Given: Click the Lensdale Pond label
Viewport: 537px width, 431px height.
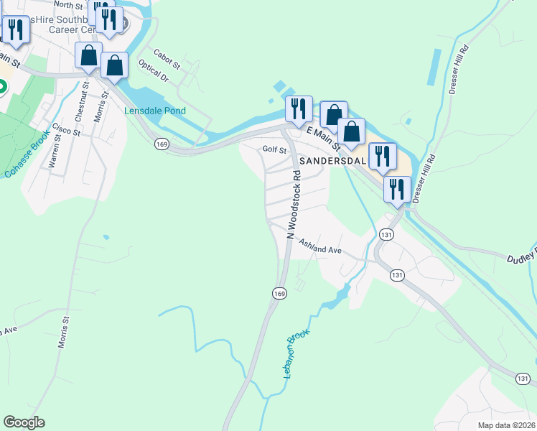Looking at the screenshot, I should [154, 111].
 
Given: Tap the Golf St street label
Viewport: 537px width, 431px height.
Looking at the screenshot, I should [274, 150].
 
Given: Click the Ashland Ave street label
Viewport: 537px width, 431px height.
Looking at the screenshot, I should [320, 246].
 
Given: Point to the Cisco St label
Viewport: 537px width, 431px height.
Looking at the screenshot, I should [65, 131].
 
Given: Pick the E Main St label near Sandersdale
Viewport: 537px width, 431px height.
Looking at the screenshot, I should [322, 138].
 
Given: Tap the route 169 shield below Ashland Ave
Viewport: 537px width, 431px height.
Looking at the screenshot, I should [279, 293].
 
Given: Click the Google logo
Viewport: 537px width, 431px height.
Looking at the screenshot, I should [24, 422].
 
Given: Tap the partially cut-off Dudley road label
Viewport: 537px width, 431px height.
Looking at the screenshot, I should [521, 257].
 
